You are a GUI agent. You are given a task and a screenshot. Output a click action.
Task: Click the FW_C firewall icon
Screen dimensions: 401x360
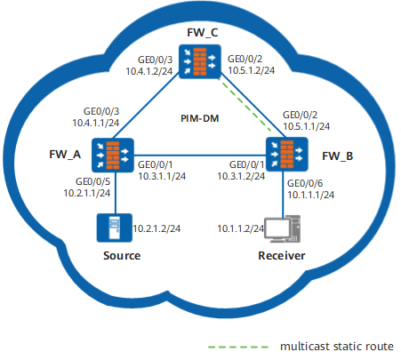point(200,61)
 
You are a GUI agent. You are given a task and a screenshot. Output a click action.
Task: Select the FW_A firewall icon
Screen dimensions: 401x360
point(113,155)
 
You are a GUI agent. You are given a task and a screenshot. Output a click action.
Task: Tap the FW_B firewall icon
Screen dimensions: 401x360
point(287,154)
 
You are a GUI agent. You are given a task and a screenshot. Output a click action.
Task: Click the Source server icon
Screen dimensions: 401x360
point(115,228)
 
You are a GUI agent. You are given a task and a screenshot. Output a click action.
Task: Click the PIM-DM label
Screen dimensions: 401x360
point(200,118)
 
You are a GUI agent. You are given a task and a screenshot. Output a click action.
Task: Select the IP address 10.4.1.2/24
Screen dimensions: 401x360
point(149,71)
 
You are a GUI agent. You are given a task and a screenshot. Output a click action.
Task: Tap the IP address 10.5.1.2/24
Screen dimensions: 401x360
point(251,70)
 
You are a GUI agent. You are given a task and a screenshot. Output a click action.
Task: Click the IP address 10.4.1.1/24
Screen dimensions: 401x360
point(96,123)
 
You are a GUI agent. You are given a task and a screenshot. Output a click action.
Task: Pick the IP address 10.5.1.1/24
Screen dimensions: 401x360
point(306,126)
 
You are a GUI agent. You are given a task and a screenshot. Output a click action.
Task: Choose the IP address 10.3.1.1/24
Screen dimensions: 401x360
point(162,176)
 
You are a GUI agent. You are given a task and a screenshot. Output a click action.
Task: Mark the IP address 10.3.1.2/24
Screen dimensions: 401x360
point(241,176)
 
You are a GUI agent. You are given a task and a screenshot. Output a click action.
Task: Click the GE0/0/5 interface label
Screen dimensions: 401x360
point(92,181)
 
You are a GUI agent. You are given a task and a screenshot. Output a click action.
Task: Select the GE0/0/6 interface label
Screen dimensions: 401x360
point(305,183)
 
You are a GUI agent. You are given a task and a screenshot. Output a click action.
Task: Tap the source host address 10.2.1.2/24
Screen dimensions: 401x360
point(156,228)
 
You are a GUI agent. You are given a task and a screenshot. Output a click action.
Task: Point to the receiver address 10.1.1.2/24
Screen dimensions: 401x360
point(240,228)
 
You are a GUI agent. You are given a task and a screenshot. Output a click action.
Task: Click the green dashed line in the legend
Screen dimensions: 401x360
point(238,347)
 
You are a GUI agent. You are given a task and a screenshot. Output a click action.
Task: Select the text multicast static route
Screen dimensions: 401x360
point(337,347)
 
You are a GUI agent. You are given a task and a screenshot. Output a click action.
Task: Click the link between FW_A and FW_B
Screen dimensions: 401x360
point(200,155)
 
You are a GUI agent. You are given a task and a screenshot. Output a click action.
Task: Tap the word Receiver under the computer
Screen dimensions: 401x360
point(282,256)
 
